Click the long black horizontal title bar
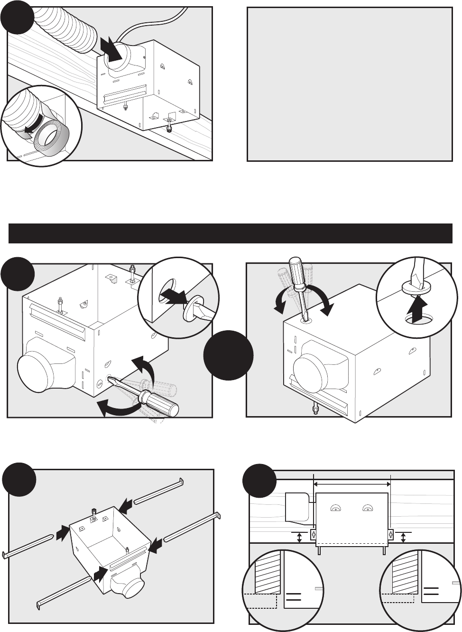[231, 233]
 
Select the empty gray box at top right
[350, 84]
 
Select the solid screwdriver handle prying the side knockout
[162, 403]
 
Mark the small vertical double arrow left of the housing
[299, 538]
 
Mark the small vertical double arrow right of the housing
[403, 538]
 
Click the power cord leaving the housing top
[142, 24]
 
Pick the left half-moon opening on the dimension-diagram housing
[335, 508]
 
